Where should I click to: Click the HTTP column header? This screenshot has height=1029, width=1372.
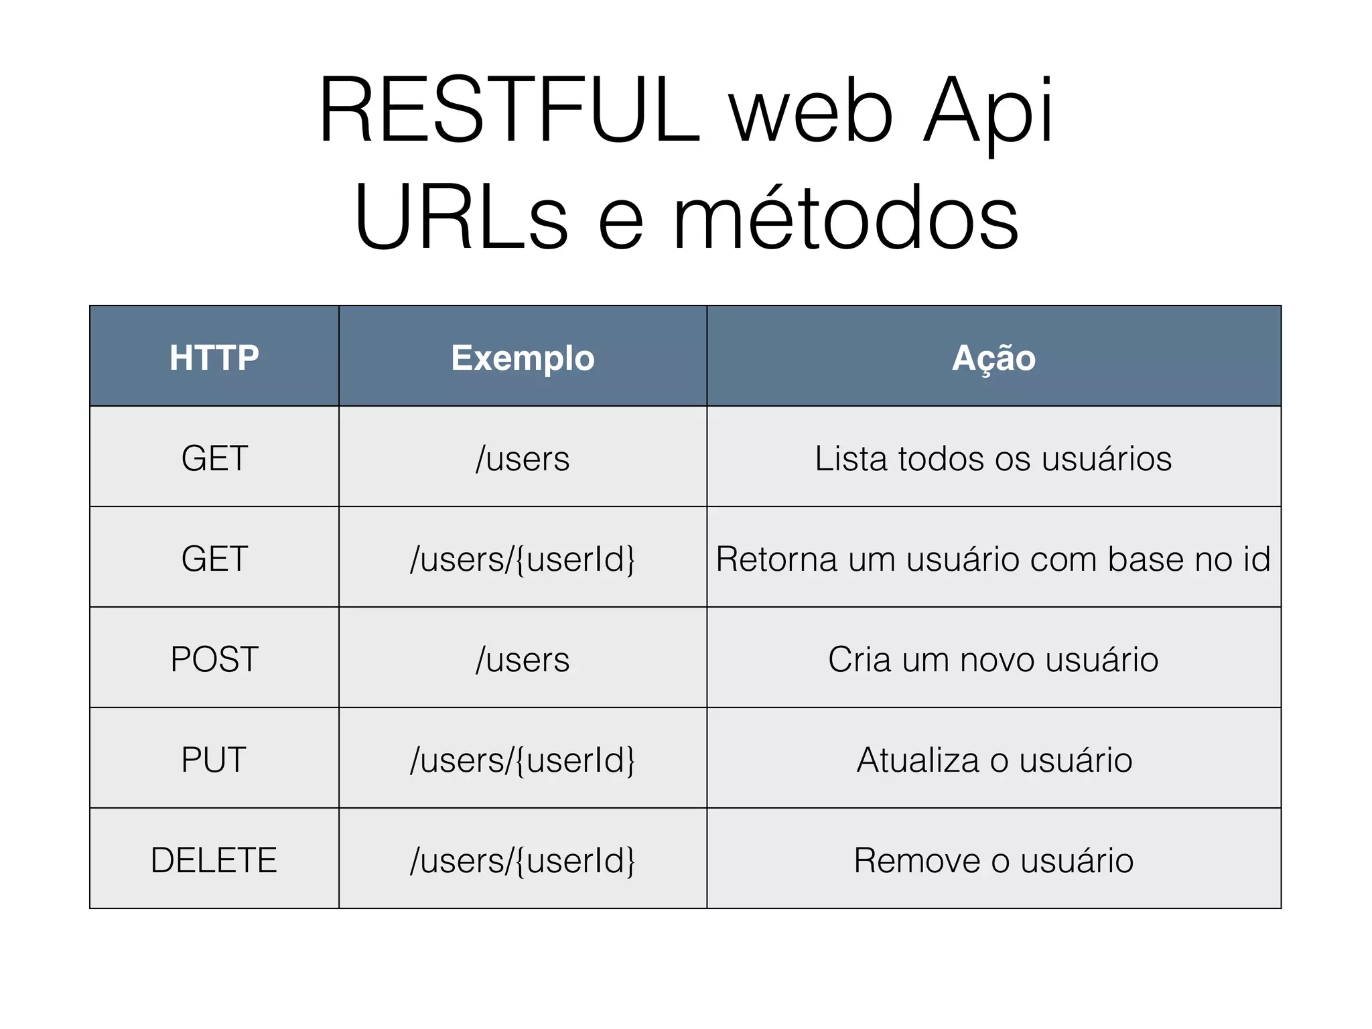tap(214, 357)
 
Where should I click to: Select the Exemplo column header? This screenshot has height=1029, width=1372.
tap(523, 357)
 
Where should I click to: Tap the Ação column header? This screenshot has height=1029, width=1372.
tap(993, 357)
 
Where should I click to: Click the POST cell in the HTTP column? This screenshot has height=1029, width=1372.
tap(214, 659)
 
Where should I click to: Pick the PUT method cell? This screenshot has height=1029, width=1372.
tap(214, 760)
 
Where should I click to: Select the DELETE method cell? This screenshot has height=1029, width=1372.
tap(214, 860)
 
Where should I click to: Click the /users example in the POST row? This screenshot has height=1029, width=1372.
tap(523, 659)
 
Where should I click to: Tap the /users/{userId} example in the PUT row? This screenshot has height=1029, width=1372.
tap(523, 760)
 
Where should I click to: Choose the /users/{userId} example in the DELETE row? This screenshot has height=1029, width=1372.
tap(523, 860)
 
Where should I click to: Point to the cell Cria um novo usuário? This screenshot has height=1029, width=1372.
tap(993, 659)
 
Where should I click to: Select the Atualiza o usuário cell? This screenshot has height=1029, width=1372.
tap(993, 760)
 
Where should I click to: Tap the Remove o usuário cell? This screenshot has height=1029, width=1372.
tap(993, 860)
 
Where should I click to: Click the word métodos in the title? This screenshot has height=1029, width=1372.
tap(845, 218)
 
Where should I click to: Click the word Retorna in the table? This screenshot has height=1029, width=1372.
tap(776, 559)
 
